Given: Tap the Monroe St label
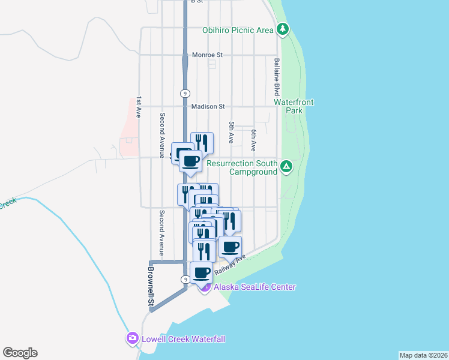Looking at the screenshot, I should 207,55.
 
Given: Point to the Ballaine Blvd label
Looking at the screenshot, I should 277,77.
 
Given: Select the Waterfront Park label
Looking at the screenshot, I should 294,107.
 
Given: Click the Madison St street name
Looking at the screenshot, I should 208,106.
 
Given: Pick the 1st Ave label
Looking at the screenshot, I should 139,107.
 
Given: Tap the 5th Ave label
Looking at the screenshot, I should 231,132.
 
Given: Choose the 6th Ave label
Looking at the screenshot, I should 254,139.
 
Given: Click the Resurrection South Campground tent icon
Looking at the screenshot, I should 287,166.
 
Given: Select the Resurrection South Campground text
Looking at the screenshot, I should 242,167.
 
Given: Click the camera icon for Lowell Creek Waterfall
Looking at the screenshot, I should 133,339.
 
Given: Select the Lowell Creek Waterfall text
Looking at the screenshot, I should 183,339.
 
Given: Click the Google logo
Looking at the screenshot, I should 20,353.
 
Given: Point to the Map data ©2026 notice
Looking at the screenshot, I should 423,355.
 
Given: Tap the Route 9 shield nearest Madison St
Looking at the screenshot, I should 185,93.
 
